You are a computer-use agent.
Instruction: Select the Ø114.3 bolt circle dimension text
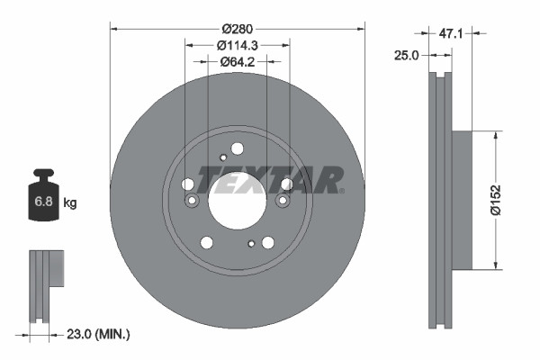click(x=238, y=44)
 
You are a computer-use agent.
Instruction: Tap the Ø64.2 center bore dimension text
click(x=238, y=62)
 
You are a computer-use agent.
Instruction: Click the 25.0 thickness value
click(x=408, y=56)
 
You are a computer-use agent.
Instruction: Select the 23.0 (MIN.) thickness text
click(x=100, y=335)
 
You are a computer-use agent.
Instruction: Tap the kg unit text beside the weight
click(x=70, y=203)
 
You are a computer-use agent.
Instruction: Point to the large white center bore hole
click(x=238, y=199)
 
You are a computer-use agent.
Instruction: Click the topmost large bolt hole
click(x=238, y=149)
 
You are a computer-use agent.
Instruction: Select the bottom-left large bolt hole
click(x=207, y=242)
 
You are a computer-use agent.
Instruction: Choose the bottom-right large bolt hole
click(x=267, y=242)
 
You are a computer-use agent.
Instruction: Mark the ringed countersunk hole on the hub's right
click(x=286, y=184)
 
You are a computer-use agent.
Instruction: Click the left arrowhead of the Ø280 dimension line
click(x=113, y=26)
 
